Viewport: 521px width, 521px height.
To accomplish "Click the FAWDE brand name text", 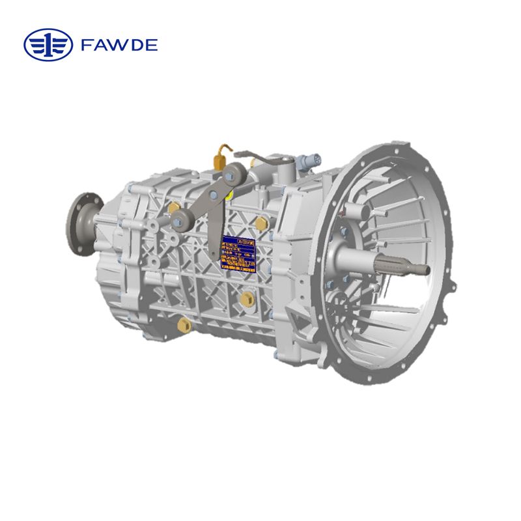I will pyautogui.click(x=120, y=46).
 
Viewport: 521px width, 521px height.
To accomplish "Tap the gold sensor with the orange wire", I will pyautogui.click(x=219, y=156).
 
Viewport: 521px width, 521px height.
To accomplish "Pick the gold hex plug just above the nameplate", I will pyautogui.click(x=259, y=224).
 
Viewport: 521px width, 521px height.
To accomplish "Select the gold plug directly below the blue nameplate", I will pyautogui.click(x=247, y=298).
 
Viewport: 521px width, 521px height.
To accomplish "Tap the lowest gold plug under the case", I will pyautogui.click(x=180, y=324).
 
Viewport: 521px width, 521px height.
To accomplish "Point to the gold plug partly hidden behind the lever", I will pyautogui.click(x=173, y=208).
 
